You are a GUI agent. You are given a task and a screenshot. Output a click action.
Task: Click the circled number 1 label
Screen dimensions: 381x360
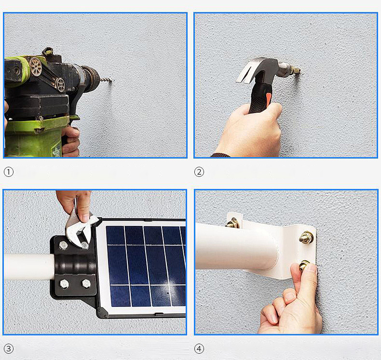(9, 172)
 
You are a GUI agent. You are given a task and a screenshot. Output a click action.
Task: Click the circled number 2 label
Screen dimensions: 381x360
(199, 172)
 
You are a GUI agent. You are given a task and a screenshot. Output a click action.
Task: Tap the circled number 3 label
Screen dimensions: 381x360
(9, 349)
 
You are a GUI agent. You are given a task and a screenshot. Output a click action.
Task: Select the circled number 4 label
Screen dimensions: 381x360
(199, 349)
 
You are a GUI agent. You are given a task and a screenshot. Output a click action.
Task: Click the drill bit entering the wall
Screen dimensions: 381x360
(106, 80)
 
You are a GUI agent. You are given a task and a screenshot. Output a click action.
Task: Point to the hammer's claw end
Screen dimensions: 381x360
(245, 72)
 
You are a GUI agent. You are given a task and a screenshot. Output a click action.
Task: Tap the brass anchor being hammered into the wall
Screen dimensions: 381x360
(296, 71)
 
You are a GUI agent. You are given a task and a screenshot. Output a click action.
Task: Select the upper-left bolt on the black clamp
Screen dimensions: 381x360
(63, 245)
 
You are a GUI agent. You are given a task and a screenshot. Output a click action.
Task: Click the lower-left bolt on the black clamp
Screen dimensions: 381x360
(64, 283)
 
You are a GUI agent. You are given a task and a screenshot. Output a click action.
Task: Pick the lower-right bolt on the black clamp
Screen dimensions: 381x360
(86, 283)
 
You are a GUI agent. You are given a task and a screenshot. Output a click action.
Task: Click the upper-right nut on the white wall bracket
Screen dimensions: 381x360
(306, 237)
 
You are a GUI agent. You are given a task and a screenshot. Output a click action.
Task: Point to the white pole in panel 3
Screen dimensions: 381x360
(28, 267)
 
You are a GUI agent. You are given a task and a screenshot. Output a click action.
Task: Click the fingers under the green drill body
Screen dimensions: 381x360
(70, 141)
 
